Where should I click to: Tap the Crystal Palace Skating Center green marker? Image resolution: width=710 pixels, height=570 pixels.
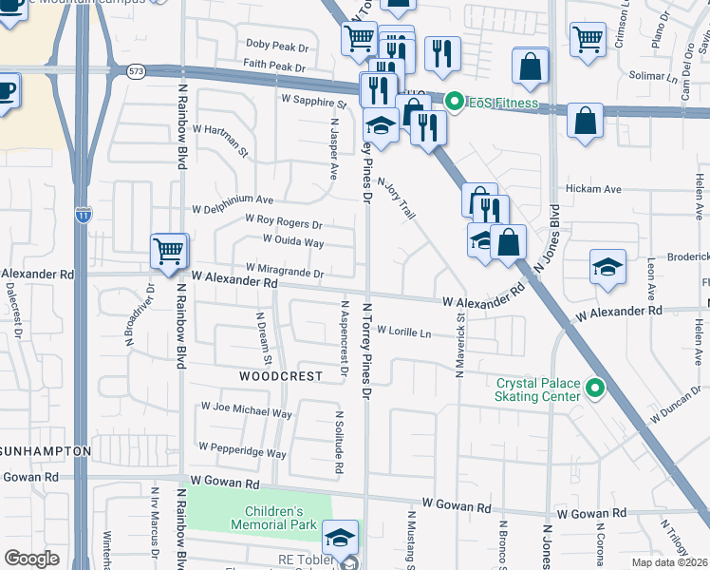[x=595, y=388]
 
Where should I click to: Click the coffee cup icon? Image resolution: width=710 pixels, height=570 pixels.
[x=5, y=93]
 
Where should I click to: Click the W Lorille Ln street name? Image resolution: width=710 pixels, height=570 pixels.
[x=403, y=332]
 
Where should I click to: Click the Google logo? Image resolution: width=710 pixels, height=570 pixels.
[x=32, y=558]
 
